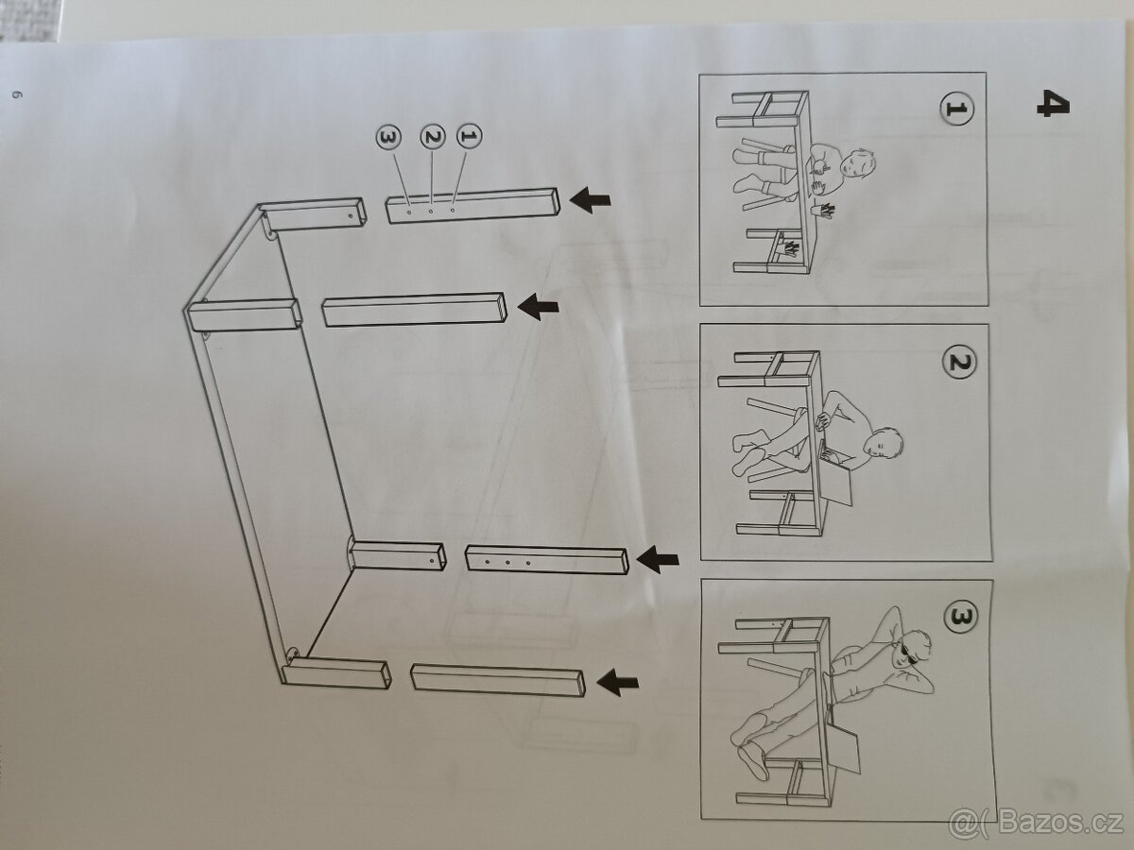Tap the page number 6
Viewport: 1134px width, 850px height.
pyautogui.click(x=16, y=94)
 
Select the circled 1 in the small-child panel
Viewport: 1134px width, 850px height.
pyautogui.click(x=956, y=110)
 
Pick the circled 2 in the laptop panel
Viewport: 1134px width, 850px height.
pyautogui.click(x=958, y=363)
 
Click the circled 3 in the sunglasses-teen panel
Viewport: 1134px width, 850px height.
pyautogui.click(x=960, y=618)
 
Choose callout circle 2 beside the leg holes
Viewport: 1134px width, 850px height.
pyautogui.click(x=433, y=138)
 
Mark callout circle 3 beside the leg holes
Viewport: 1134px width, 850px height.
pyautogui.click(x=387, y=138)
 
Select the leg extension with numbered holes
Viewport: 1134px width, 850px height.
pyautogui.click(x=472, y=204)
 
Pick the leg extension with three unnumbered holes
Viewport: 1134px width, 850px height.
pyautogui.click(x=546, y=561)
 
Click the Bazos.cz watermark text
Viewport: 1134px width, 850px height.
pyautogui.click(x=1039, y=822)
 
